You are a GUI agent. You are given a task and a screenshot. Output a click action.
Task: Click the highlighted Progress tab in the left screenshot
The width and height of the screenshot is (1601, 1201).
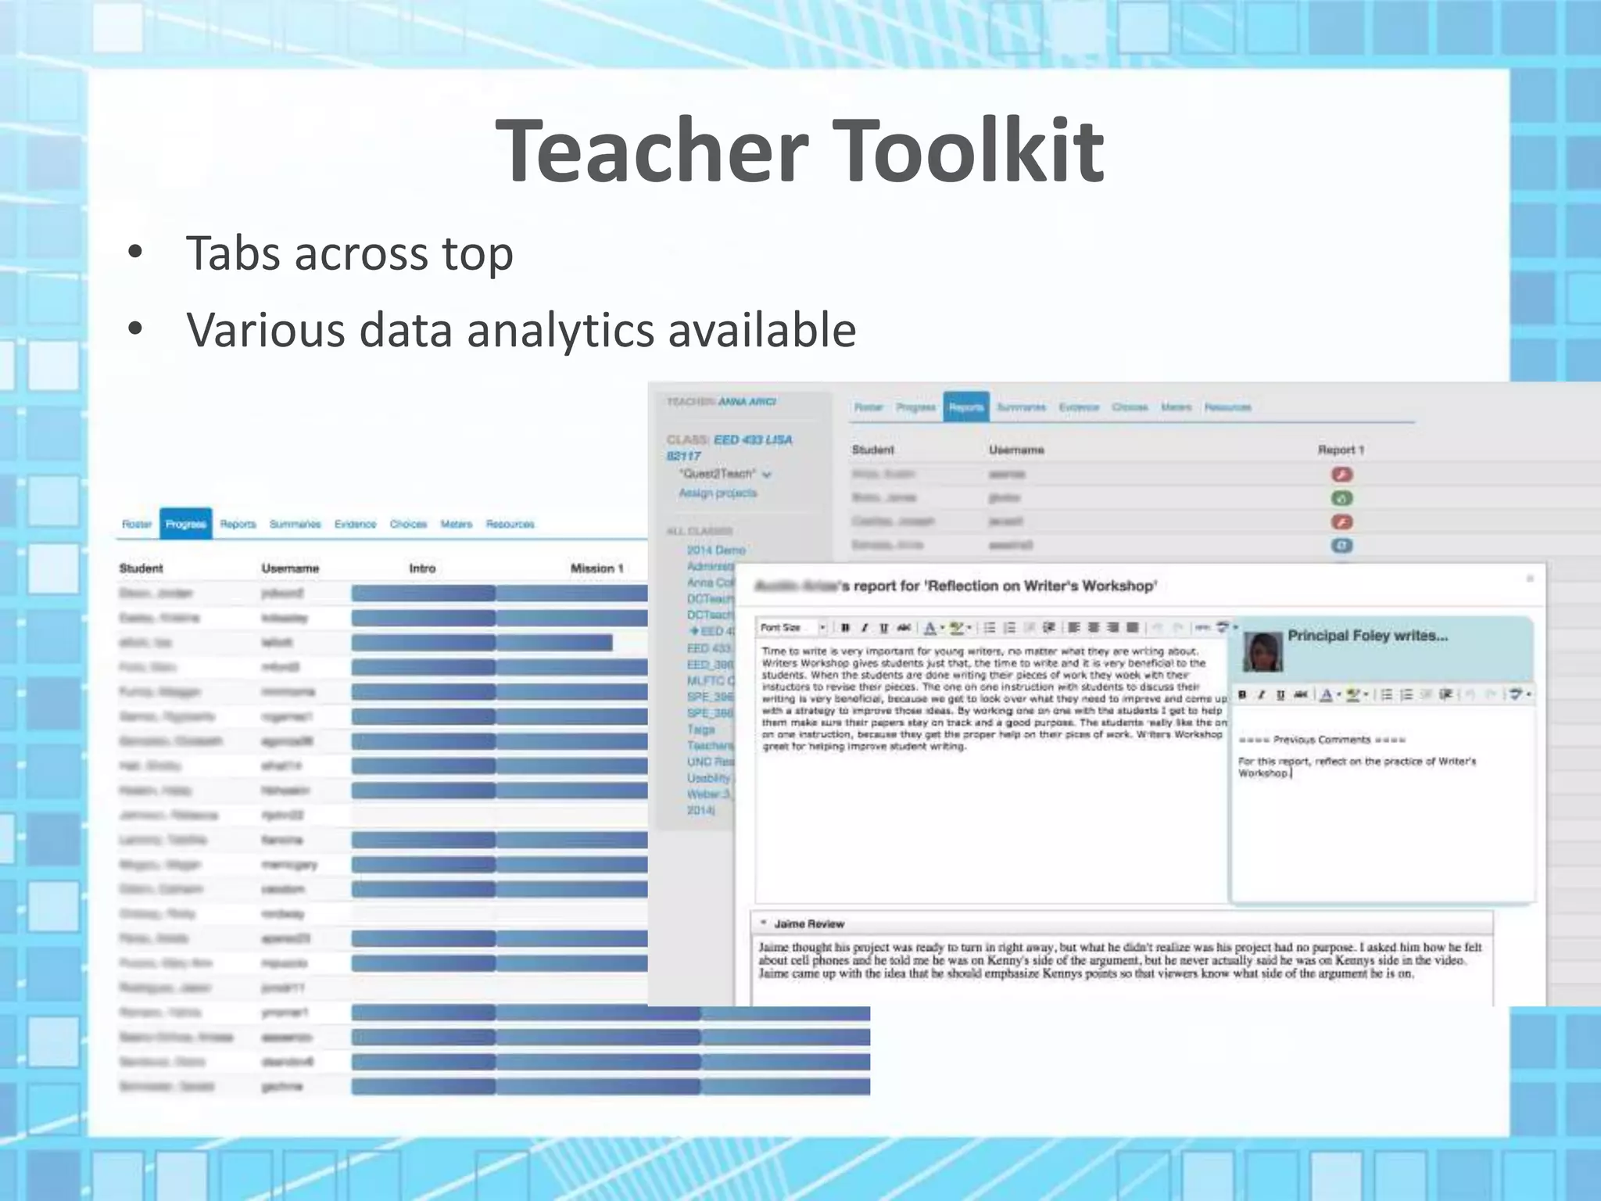[186, 524]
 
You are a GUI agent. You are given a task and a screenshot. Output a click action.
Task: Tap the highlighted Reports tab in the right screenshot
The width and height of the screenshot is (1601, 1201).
[965, 407]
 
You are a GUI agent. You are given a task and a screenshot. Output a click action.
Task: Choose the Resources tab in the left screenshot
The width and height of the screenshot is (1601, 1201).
[510, 524]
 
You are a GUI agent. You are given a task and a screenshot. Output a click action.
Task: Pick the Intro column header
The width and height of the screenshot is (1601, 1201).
[422, 568]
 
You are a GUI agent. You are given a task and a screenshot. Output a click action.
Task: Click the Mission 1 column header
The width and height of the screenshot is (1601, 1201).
[596, 568]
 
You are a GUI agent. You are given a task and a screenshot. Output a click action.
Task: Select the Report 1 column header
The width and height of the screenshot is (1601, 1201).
[1341, 450]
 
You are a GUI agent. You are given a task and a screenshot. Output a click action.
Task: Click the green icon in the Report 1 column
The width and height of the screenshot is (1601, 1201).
[1341, 498]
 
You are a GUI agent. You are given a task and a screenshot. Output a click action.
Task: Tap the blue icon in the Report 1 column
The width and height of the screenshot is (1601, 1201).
[1341, 546]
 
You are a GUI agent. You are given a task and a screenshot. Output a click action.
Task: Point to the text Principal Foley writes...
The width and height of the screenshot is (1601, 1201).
[1367, 636]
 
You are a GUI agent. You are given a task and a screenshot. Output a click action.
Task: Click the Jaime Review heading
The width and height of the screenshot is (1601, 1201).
[809, 923]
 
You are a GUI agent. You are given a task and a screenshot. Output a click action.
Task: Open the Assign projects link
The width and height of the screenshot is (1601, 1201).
[718, 493]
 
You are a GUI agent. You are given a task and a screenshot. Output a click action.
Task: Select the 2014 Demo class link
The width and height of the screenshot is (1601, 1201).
[716, 550]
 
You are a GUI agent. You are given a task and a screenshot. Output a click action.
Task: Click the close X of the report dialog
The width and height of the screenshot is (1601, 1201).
[1530, 579]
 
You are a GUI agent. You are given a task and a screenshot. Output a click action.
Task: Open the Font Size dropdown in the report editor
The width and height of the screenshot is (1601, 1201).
[792, 627]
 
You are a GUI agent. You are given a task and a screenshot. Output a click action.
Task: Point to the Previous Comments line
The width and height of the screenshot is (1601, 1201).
[1322, 740]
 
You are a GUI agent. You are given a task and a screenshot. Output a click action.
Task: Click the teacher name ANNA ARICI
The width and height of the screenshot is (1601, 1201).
[747, 402]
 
